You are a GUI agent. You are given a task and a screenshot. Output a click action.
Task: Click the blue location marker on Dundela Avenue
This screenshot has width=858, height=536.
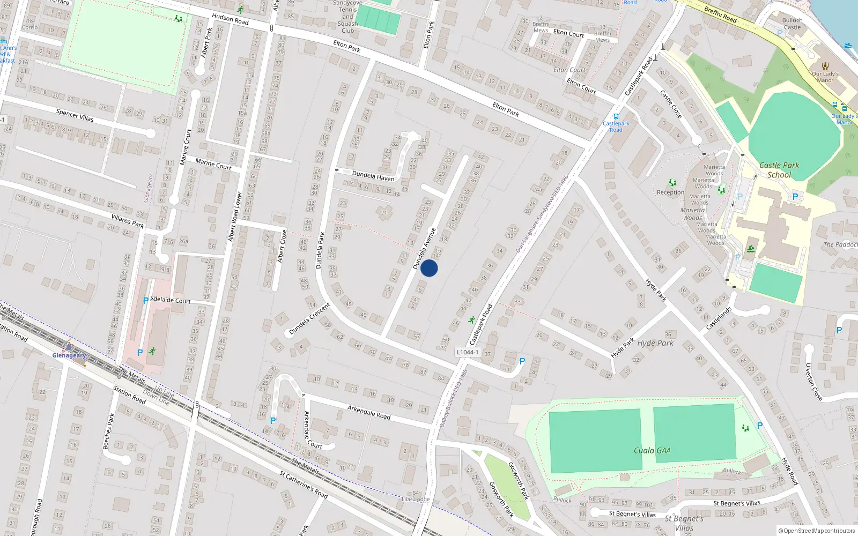point(429,268)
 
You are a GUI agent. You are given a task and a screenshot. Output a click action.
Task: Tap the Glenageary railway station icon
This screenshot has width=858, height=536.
point(69,347)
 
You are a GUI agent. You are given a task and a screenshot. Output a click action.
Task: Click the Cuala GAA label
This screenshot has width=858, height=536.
point(652,450)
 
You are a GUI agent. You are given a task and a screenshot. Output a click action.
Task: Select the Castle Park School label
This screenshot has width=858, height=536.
point(779,170)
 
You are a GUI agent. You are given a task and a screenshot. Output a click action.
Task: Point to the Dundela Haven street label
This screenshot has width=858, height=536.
point(373,176)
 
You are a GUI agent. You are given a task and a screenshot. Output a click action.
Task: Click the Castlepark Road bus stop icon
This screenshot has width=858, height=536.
point(616,116)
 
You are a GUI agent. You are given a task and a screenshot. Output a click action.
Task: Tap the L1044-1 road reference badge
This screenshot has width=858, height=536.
point(467,352)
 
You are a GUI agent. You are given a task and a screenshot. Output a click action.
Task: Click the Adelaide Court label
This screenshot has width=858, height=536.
point(171,300)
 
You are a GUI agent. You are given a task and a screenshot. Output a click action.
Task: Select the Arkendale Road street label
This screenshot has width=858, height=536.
point(369,412)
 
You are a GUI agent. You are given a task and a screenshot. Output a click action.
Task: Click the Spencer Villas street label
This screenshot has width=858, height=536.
point(75,115)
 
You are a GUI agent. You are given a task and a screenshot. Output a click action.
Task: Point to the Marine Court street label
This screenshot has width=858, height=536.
point(213,164)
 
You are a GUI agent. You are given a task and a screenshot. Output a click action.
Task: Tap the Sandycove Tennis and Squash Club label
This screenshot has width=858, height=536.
point(347,17)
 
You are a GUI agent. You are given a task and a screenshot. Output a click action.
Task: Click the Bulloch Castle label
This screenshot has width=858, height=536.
point(792,24)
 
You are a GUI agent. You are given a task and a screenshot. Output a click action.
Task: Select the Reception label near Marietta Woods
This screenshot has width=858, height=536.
point(670,192)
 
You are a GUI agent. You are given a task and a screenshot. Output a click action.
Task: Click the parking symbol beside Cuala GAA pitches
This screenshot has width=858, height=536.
point(759,426)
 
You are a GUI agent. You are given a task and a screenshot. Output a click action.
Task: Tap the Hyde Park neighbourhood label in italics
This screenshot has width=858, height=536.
point(655,343)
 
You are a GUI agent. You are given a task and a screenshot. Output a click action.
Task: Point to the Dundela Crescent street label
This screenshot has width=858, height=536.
point(310,319)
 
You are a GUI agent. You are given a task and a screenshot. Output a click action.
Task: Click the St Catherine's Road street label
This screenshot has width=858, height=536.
point(304,484)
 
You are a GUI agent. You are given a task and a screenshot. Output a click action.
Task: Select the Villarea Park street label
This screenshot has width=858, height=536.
point(128,221)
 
